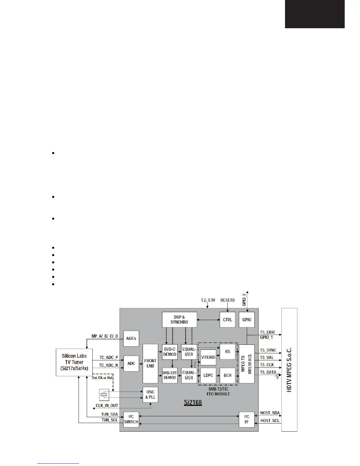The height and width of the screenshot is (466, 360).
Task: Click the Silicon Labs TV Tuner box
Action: [74, 362]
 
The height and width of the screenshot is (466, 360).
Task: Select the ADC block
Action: [131, 363]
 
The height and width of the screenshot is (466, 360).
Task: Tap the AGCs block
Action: [131, 338]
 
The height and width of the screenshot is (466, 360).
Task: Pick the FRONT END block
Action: [150, 363]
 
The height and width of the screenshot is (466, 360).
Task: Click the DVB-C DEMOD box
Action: [170, 352]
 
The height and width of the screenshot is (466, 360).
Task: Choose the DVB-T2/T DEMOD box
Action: [170, 375]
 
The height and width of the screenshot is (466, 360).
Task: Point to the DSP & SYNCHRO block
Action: [179, 319]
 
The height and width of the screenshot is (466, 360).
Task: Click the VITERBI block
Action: [208, 357]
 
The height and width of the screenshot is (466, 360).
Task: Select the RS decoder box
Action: [228, 352]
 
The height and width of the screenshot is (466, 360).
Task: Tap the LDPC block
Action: [208, 375]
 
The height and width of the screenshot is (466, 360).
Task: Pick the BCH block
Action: [228, 375]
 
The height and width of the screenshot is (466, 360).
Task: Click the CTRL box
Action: [227, 319]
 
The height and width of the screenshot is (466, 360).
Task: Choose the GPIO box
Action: [247, 319]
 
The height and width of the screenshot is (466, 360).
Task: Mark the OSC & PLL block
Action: [150, 395]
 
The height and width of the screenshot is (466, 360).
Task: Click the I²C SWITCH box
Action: [131, 419]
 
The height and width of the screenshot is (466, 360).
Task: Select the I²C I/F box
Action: [247, 419]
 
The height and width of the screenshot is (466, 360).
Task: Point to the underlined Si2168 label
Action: [193, 402]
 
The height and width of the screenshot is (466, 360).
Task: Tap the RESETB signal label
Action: [228, 300]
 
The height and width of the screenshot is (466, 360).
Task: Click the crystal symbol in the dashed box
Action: [104, 395]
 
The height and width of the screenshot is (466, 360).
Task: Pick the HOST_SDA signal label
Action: [270, 413]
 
